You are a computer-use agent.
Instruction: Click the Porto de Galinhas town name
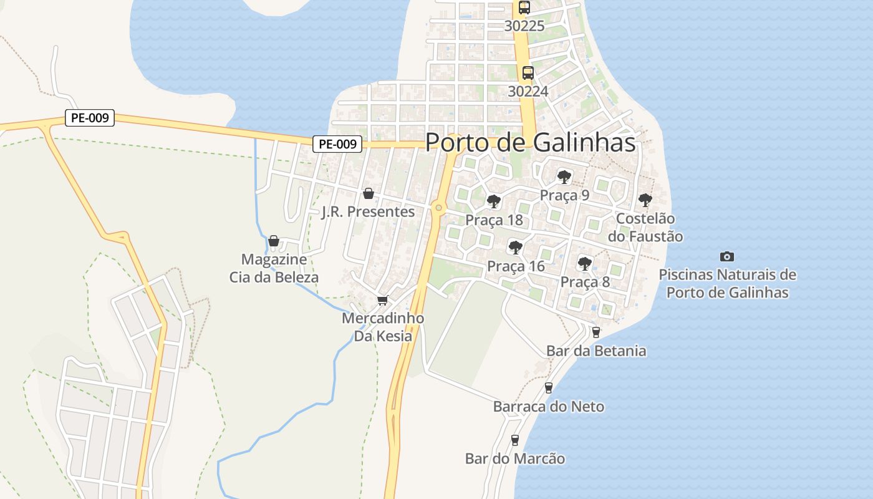pos(530,143)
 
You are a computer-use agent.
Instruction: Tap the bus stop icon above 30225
pos(524,7)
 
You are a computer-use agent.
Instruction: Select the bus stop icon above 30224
pos(528,73)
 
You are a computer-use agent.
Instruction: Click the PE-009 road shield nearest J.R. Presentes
pos(337,144)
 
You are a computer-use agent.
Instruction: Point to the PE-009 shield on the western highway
pos(90,117)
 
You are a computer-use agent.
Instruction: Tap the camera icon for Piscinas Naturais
pos(726,256)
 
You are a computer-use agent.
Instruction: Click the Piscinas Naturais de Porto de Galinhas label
pos(727,283)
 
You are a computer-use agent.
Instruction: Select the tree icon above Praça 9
pos(564,177)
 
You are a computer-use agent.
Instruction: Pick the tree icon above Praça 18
pos(494,201)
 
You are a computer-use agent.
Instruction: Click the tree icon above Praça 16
pos(515,247)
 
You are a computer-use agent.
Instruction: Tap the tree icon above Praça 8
pos(584,263)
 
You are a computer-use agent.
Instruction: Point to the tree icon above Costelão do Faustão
pos(645,200)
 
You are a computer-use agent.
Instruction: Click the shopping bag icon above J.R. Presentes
pos(368,193)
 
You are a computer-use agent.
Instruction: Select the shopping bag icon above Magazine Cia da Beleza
pos(273,241)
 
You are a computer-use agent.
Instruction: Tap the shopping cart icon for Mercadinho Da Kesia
pos(382,300)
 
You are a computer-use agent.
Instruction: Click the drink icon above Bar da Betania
pos(596,332)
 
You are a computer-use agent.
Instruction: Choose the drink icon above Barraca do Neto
pos(549,388)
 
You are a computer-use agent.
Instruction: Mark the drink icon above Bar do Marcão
pos(514,440)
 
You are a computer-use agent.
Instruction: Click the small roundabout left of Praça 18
pos(439,208)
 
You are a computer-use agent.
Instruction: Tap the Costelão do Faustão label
pos(645,228)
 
